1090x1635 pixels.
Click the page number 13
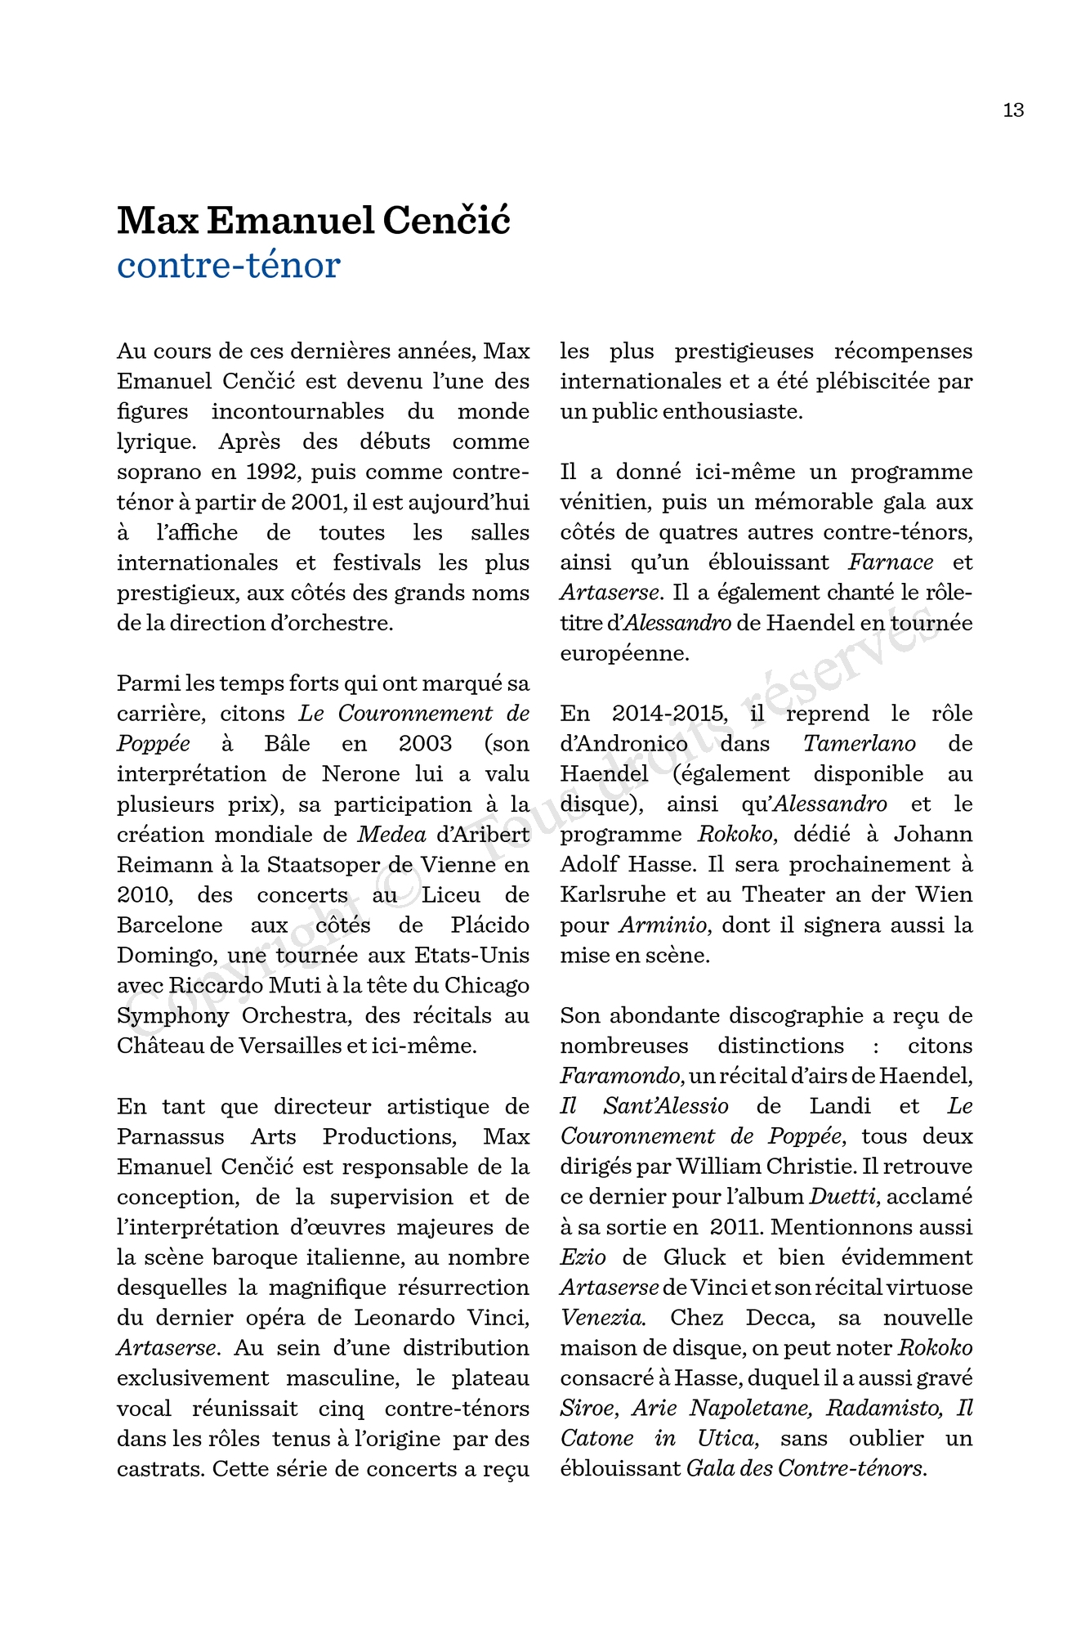click(x=1013, y=110)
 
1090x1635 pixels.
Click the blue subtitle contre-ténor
click(x=228, y=265)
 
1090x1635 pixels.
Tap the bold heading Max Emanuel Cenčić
click(x=314, y=221)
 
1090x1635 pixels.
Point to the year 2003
click(x=425, y=744)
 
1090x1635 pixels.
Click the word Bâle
click(x=288, y=744)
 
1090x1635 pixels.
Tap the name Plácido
click(x=490, y=925)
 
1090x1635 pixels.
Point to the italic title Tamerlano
click(x=859, y=744)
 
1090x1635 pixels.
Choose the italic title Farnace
click(x=891, y=562)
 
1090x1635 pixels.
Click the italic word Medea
click(x=392, y=835)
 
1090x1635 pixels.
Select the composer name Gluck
click(x=694, y=1257)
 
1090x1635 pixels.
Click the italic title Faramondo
click(x=620, y=1076)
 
